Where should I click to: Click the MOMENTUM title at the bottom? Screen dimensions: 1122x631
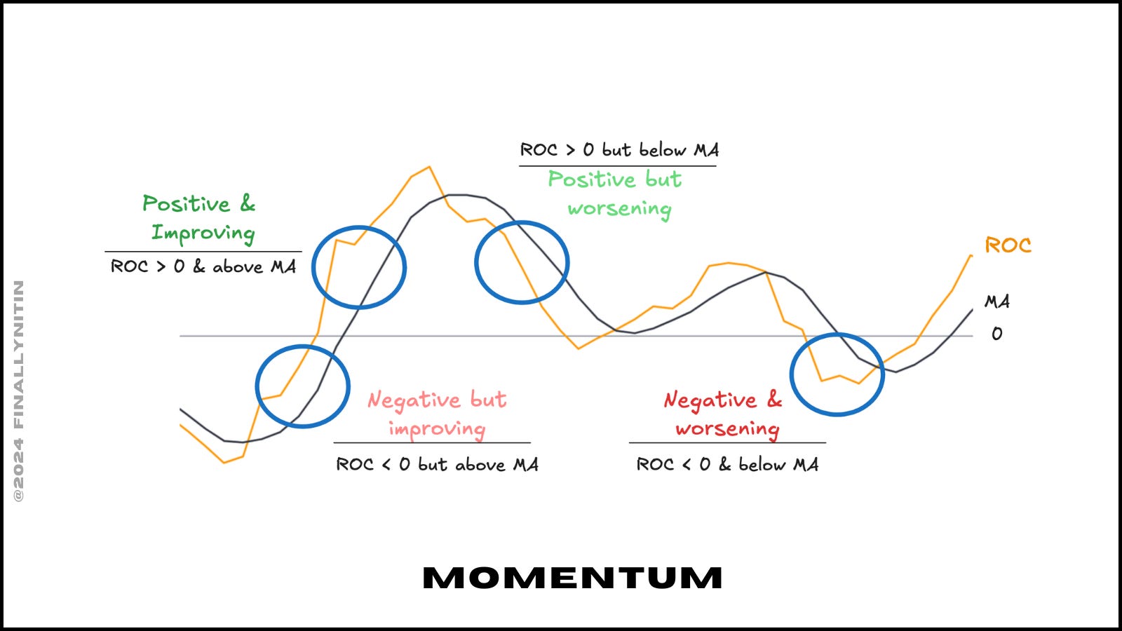click(572, 578)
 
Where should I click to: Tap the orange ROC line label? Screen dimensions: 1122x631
click(1008, 245)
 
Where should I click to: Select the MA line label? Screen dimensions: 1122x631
click(997, 301)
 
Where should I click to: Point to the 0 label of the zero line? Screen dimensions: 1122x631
click(996, 334)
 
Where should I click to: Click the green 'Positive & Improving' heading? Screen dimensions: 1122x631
click(200, 218)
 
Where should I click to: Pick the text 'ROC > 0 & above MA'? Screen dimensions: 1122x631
click(203, 266)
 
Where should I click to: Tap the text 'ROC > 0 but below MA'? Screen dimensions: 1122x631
click(619, 150)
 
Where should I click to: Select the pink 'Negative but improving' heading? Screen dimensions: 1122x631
click(437, 414)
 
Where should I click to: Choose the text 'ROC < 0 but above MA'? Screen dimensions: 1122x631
click(437, 464)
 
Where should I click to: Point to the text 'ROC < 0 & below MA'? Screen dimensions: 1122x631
click(727, 464)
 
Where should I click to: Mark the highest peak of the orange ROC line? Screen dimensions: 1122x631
click(428, 168)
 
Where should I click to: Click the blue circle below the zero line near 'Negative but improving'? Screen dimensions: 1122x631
click(303, 386)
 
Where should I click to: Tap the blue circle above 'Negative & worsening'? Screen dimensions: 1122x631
click(837, 374)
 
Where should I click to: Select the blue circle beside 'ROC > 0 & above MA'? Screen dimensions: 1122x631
click(359, 267)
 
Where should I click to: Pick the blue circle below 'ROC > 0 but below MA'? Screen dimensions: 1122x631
click(522, 262)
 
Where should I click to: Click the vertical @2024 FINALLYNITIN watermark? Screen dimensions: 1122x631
click(19, 391)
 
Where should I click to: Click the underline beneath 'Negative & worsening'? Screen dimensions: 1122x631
click(727, 442)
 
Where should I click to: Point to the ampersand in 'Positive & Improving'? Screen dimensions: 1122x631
click(248, 203)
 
